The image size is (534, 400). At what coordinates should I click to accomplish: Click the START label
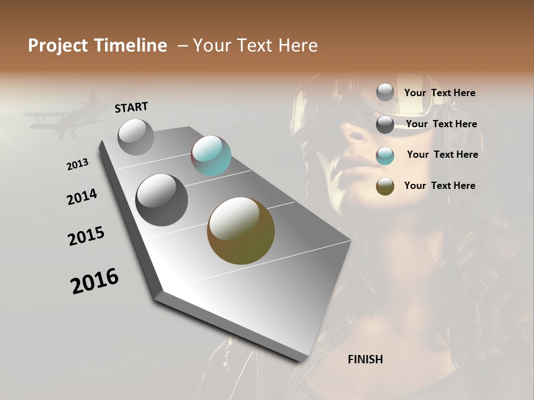pos(131,107)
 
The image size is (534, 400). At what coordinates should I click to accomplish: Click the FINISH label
pos(365,359)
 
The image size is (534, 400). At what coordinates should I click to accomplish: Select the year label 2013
pos(77,164)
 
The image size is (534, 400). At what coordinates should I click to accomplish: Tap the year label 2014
pos(82,197)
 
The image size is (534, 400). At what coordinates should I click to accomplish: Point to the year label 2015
pos(86,236)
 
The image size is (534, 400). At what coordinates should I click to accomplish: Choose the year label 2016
pos(95,281)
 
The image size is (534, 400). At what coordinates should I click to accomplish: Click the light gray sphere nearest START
pos(136,137)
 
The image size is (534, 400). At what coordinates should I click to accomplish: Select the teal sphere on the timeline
pos(211,156)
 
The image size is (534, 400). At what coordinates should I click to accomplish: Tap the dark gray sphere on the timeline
pos(161,200)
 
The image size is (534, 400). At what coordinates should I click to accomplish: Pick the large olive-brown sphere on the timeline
pos(241,231)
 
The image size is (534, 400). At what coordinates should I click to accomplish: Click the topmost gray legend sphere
pos(385,92)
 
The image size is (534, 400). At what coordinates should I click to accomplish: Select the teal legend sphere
pos(385,155)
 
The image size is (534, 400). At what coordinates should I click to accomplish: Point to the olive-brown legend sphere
pos(385,186)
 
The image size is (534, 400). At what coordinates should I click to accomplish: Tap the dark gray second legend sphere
pos(385,124)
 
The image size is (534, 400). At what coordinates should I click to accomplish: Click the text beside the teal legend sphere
pos(442,154)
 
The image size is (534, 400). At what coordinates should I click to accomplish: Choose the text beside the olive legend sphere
pos(439,186)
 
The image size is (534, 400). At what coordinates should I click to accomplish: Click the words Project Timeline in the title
pos(97,46)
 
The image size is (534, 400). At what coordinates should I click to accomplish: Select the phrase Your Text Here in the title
pos(255,46)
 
